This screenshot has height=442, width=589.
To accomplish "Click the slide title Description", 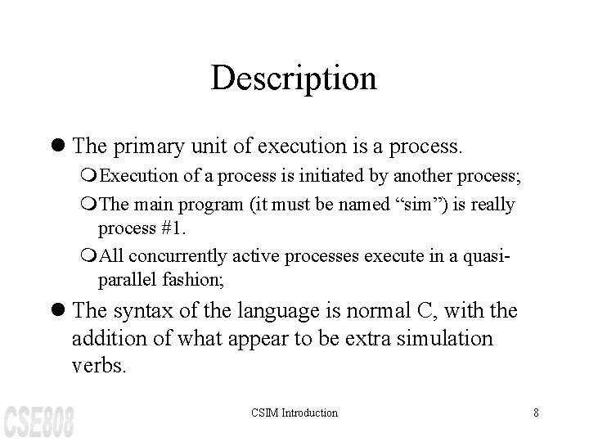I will tap(294, 79).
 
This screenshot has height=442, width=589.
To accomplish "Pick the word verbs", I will tap(99, 366).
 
